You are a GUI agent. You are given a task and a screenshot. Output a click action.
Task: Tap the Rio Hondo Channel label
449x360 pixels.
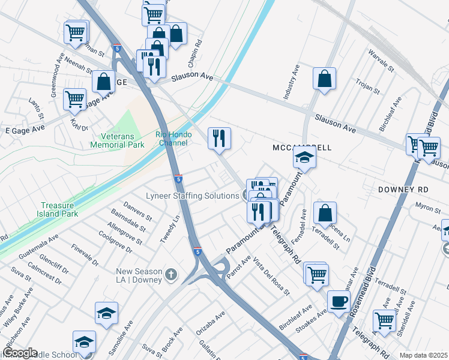coord(172,139)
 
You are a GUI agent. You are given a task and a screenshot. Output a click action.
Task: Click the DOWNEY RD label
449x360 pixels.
coord(403,189)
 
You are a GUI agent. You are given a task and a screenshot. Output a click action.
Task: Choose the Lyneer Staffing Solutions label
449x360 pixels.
coord(193,196)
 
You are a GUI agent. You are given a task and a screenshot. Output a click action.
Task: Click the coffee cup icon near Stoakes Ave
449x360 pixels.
coord(339,301)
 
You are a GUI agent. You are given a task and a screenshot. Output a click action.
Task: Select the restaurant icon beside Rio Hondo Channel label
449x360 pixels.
coord(219,137)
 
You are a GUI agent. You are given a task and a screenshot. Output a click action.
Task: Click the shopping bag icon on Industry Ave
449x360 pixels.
coord(324,78)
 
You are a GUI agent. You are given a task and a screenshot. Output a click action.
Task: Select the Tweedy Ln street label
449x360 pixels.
coord(169,229)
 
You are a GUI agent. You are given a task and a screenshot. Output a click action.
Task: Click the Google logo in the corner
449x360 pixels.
coord(20,353)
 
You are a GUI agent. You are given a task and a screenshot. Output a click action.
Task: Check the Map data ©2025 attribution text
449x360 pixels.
coord(423,355)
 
